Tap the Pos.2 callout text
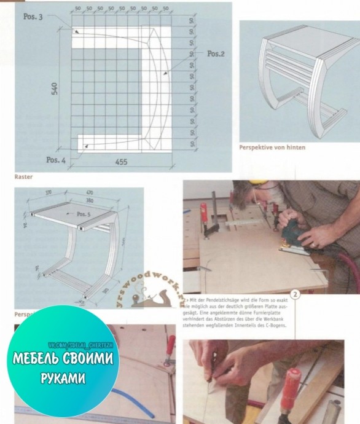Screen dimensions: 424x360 pyautogui.click(x=216, y=53)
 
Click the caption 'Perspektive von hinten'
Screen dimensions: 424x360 pyautogui.click(x=272, y=147)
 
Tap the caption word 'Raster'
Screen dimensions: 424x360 pyautogui.click(x=23, y=176)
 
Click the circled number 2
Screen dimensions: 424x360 pyautogui.click(x=295, y=294)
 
